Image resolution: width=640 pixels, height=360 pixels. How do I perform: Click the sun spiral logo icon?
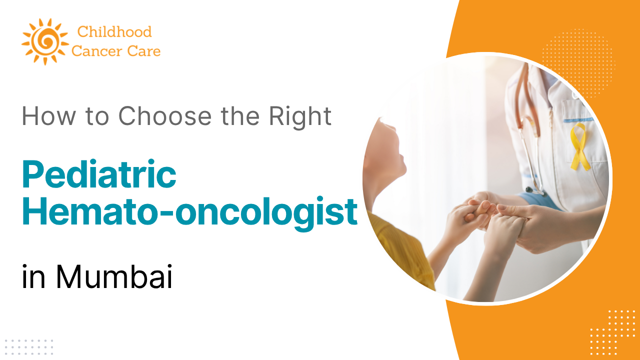click(x=44, y=41)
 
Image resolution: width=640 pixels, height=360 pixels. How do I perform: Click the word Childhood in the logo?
click(x=114, y=32)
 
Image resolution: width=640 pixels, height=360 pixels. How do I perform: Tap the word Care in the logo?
click(x=144, y=51)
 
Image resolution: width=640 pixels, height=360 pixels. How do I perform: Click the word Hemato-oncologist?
click(x=189, y=212)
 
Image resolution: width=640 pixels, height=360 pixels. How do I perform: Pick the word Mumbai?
click(x=114, y=278)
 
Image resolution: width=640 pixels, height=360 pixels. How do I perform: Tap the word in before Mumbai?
click(x=33, y=278)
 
